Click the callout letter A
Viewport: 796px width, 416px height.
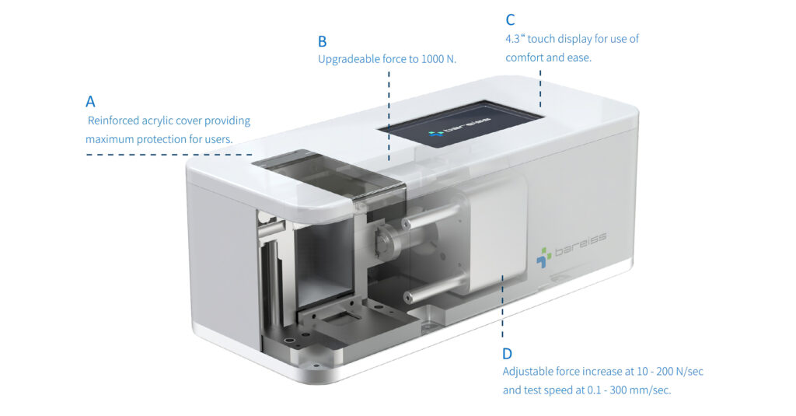91,102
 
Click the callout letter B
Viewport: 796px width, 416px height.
323,40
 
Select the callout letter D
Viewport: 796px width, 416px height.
508,353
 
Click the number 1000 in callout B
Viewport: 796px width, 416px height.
433,59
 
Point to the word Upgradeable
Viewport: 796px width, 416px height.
349,59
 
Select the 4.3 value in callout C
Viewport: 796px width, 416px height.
513,39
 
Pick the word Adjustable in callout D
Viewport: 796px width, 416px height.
529,372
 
